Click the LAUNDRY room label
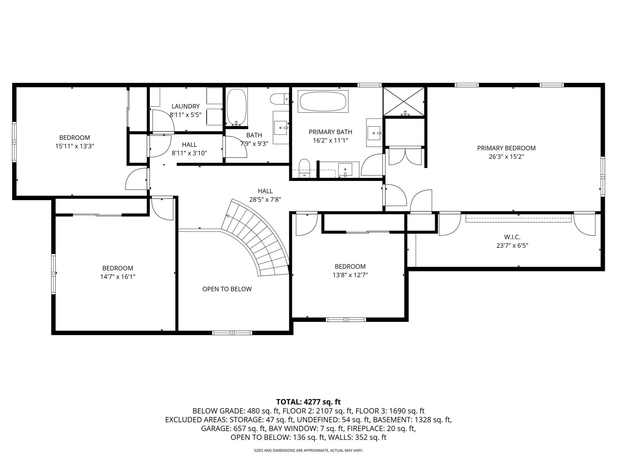pos(185,106)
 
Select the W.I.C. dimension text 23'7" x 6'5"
pos(512,246)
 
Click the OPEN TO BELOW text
pos(227,289)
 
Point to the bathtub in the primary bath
pos(323,102)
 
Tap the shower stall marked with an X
pos(403,102)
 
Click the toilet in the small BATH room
pos(278,99)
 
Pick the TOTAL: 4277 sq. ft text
pos(308,402)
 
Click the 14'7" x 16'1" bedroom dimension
pos(117,277)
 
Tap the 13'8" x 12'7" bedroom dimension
pos(350,275)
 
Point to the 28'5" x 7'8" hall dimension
pos(265,200)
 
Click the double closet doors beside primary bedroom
pos(406,156)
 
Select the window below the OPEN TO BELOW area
pos(232,333)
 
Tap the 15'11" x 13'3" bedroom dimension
pos(74,146)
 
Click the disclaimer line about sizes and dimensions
pos(308,450)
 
